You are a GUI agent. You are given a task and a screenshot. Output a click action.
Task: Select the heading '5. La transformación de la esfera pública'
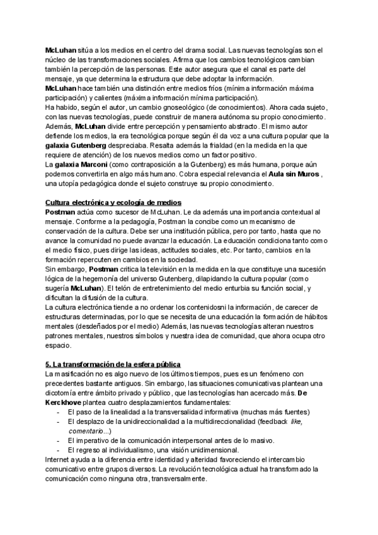pos(113,365)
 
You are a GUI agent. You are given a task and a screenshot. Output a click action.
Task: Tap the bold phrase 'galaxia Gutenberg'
pos(75,144)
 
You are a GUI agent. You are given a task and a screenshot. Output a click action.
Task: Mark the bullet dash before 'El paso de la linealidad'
pos(58,412)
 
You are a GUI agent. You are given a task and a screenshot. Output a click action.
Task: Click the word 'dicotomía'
pos(64,393)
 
